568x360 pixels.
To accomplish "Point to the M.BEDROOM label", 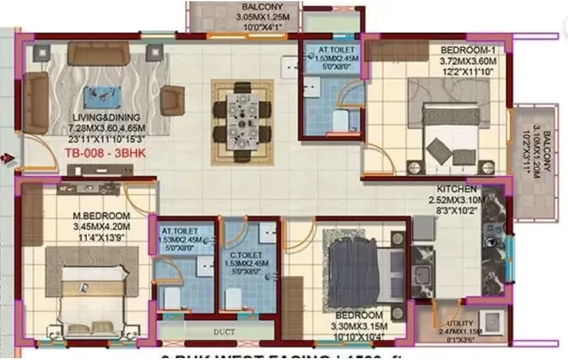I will [101, 216].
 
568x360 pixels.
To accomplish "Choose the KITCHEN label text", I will [457, 189].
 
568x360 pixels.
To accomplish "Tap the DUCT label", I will [225, 332].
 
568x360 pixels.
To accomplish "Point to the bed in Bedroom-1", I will [450, 135].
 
